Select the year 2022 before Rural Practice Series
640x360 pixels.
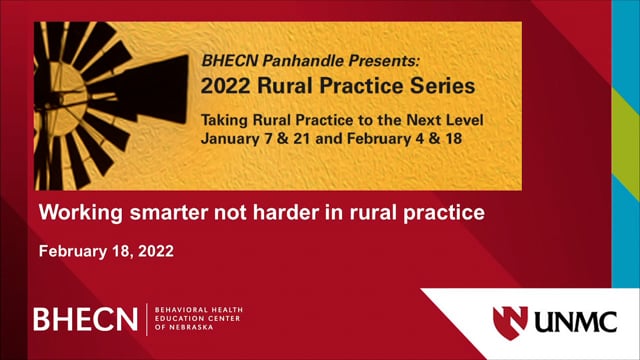(225, 86)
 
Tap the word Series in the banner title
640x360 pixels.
(443, 86)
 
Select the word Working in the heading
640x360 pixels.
(80, 213)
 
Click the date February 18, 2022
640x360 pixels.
(107, 251)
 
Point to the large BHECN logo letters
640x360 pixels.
(86, 319)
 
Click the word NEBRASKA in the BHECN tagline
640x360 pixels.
(191, 327)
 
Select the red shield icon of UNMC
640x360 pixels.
(510, 322)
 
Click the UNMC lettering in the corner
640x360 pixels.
(576, 322)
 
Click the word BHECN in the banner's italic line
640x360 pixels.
(230, 61)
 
